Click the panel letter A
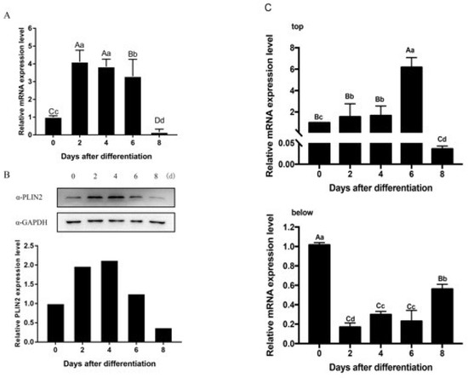point(7,10)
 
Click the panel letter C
point(269,8)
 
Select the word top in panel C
point(274,26)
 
